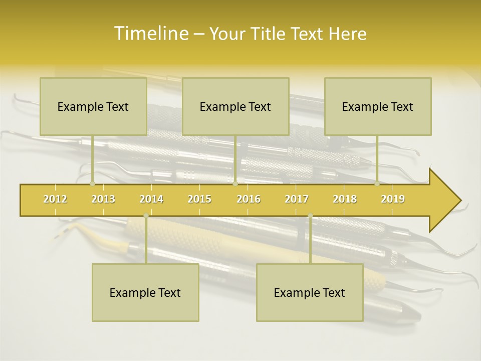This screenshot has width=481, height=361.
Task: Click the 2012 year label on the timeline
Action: pyautogui.click(x=55, y=199)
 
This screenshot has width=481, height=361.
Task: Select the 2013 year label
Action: pyautogui.click(x=103, y=199)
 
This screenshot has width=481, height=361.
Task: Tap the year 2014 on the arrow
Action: pyautogui.click(x=151, y=199)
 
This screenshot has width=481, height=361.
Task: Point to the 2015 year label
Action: pyautogui.click(x=199, y=199)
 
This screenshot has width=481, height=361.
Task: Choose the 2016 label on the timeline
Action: pyautogui.click(x=249, y=199)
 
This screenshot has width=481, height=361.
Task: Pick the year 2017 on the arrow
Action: pyautogui.click(x=297, y=199)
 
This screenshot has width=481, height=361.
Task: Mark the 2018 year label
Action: pyautogui.click(x=345, y=199)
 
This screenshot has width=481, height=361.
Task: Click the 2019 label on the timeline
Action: pyautogui.click(x=393, y=199)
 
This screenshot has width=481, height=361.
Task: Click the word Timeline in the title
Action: pyautogui.click(x=150, y=34)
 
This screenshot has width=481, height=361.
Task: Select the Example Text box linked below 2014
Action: pyautogui.click(x=145, y=292)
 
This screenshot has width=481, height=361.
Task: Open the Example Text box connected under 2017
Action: pyautogui.click(x=310, y=292)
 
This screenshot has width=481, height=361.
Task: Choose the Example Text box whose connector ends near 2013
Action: pyautogui.click(x=93, y=106)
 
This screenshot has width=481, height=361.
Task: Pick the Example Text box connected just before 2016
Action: pyautogui.click(x=235, y=106)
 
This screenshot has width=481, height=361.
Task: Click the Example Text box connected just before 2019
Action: pyautogui.click(x=378, y=106)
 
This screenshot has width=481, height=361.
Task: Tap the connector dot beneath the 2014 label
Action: pyautogui.click(x=146, y=216)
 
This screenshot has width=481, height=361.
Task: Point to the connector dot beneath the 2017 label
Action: pyautogui.click(x=310, y=216)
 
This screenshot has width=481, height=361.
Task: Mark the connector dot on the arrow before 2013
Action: pyautogui.click(x=92, y=184)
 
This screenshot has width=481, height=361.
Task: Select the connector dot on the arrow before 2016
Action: pyautogui.click(x=235, y=184)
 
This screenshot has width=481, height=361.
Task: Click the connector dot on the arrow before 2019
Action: pyautogui.click(x=377, y=184)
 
